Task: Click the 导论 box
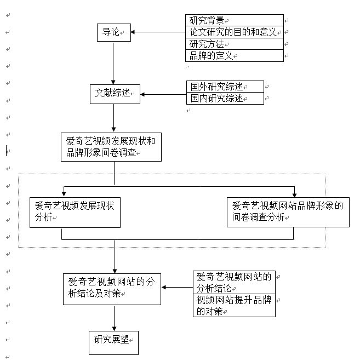point(113,32)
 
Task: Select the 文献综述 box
point(115,94)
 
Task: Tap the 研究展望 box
point(113,342)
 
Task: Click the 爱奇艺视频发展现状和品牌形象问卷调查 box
point(111,147)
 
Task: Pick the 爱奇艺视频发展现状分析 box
point(76,211)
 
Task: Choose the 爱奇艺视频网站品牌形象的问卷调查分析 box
point(288,211)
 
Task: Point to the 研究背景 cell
point(235,21)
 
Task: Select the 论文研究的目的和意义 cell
point(235,32)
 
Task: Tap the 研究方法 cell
point(235,44)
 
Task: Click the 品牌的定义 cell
point(235,56)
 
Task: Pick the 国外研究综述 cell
point(225,87)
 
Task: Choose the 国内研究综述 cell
point(225,99)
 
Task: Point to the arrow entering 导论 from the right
point(157,32)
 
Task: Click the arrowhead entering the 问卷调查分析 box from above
point(294,193)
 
